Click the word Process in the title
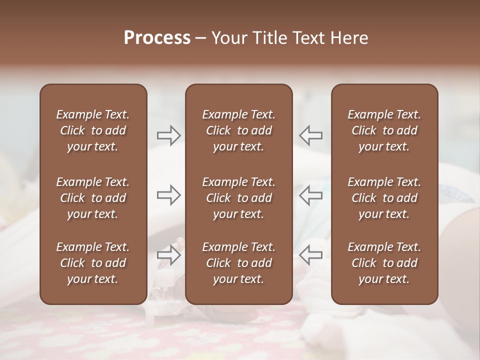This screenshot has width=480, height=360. (x=157, y=38)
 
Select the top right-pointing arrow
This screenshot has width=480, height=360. (x=168, y=135)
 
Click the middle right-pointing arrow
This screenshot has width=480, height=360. (x=168, y=194)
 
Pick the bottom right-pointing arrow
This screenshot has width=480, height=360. (x=168, y=255)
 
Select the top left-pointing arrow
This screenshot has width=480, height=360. (x=310, y=135)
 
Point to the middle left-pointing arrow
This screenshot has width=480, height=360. (x=310, y=194)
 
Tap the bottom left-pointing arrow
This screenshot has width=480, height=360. (x=310, y=255)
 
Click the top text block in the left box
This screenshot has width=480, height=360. (x=93, y=130)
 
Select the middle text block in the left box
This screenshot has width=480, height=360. (x=93, y=198)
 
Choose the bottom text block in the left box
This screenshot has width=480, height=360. (x=93, y=263)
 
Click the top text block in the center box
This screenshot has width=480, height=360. (x=238, y=130)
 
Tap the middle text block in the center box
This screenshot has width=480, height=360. (x=238, y=198)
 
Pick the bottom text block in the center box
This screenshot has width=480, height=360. (x=238, y=263)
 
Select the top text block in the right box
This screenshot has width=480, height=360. (x=384, y=130)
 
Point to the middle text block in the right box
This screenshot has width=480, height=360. (x=384, y=198)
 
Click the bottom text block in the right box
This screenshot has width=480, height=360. (x=384, y=263)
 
